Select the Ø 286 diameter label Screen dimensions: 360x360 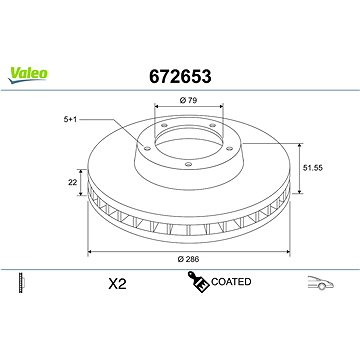181,258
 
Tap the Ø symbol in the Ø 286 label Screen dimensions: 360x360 170,258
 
